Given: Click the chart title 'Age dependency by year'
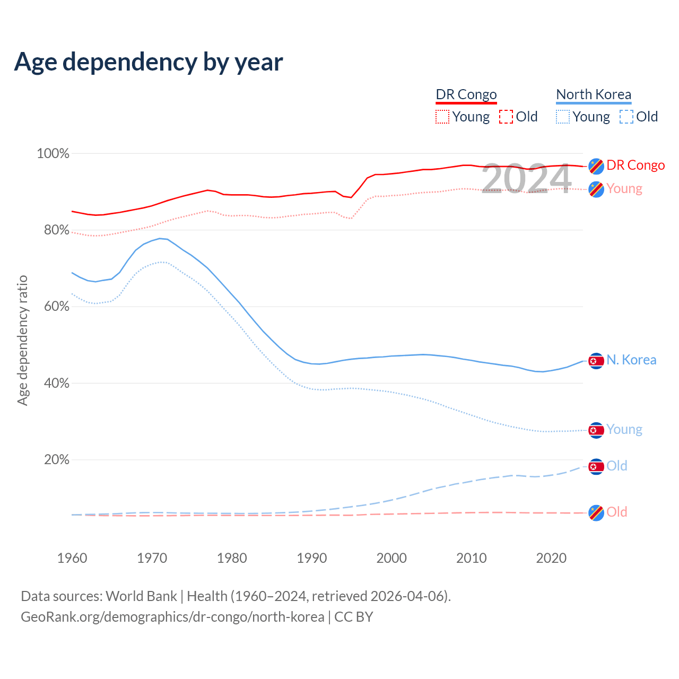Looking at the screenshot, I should (x=149, y=62).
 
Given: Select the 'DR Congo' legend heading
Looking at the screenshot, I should (x=466, y=94).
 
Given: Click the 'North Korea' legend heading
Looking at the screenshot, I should (x=594, y=94).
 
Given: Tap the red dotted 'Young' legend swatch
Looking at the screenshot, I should (x=442, y=117).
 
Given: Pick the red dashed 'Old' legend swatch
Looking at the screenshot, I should (x=506, y=117).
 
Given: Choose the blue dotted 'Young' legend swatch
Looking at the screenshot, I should (x=563, y=117).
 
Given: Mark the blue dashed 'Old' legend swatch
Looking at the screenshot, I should (x=626, y=117).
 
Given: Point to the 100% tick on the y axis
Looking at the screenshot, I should (x=53, y=154).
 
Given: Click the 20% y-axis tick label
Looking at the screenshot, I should (x=56, y=460).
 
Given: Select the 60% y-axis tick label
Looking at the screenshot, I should (x=56, y=307).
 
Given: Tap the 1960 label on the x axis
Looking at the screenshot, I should (x=72, y=558).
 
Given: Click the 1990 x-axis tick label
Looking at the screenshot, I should (x=312, y=558).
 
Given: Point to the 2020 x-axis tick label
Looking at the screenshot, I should (x=551, y=558).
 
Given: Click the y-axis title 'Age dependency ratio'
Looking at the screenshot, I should (x=22, y=340).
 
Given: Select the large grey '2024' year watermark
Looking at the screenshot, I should (x=526, y=179).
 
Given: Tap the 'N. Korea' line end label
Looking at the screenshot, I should (x=631, y=360).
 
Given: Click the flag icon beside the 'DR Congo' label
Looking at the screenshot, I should (x=596, y=166).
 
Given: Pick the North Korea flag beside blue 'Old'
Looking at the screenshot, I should (x=596, y=467).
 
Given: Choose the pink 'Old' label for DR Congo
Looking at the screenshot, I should (x=617, y=512).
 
